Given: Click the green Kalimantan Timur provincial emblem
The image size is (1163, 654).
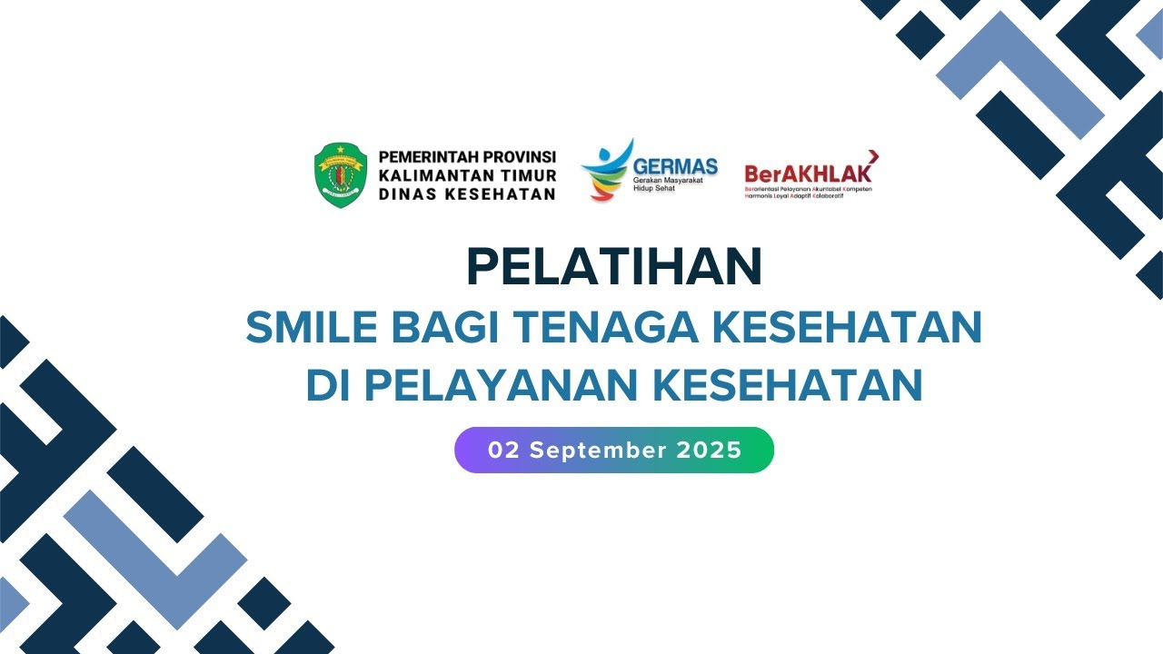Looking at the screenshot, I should click(x=341, y=175).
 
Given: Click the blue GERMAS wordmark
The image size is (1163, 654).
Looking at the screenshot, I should click(x=675, y=166).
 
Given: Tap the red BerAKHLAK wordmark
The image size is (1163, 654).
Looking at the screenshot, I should click(x=808, y=173).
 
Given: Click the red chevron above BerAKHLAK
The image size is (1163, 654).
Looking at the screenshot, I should click(x=872, y=157).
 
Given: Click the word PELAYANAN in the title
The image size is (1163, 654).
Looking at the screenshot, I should click(x=502, y=385).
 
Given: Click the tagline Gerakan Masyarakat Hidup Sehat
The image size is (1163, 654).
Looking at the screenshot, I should click(x=668, y=185).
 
